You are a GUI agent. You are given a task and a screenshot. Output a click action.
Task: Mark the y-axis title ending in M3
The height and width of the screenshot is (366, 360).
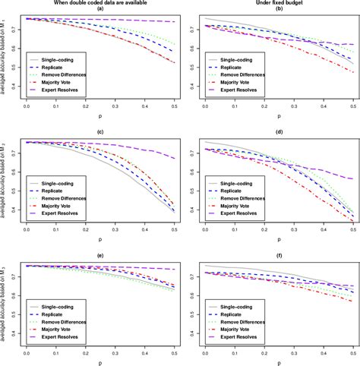(5, 307)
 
